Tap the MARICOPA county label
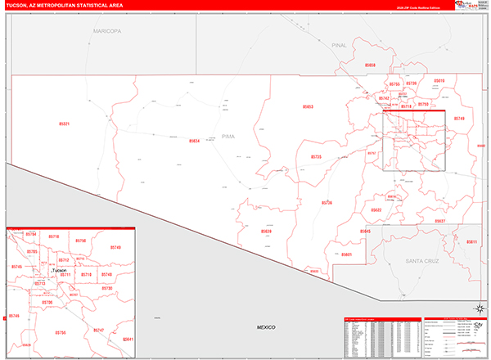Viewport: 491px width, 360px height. click(106, 30)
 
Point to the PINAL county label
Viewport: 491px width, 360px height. click(340, 47)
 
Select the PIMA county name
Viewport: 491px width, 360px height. click(227, 137)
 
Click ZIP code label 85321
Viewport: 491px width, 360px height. click(65, 124)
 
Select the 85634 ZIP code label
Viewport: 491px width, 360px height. click(194, 141)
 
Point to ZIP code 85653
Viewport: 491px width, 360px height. click(309, 107)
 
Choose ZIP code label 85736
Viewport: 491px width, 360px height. click(327, 202)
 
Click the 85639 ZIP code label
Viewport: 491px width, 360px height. click(266, 232)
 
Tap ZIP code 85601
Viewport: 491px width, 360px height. click(347, 254)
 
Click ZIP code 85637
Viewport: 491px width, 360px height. click(439, 222)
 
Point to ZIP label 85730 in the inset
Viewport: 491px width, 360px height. click(107, 288)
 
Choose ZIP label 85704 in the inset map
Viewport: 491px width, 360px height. click(31, 234)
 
